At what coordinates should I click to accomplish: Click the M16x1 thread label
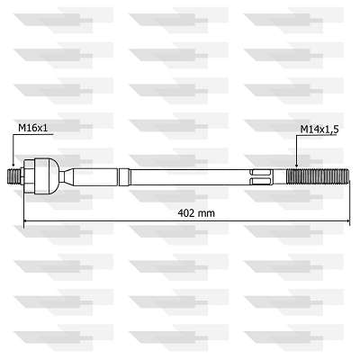pyautogui.click(x=34, y=129)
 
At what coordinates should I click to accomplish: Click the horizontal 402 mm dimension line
pyautogui.click(x=108, y=221)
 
